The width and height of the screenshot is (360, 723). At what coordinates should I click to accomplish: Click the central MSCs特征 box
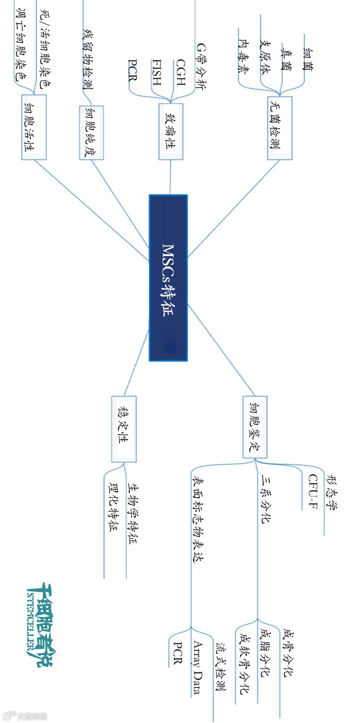pos(168,278)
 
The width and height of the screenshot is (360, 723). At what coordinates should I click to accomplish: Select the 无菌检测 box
pos(280,128)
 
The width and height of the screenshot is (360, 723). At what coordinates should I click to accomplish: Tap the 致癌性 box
pos(171,131)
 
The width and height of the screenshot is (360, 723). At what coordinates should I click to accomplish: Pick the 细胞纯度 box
pos(91,133)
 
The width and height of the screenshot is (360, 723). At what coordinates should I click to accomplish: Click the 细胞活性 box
pos(34,127)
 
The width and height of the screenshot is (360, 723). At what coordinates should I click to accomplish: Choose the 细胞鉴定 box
pos(255,427)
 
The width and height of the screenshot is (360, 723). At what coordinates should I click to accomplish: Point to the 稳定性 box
pos(124,429)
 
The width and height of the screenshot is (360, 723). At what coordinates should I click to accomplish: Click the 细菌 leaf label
pos(308,59)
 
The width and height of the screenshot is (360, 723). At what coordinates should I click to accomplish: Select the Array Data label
pos(198,667)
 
